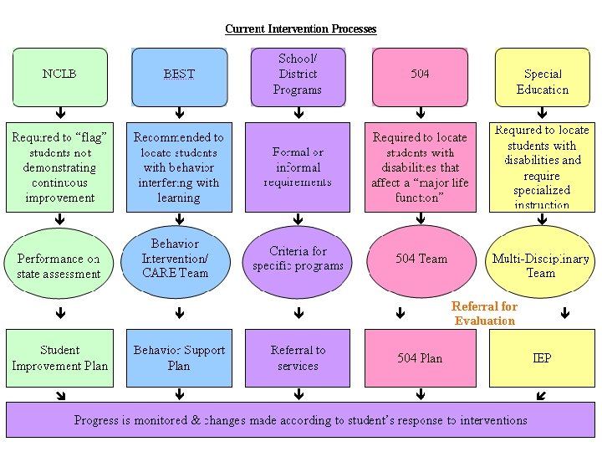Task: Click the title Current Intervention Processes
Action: [x=301, y=29]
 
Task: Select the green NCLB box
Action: [x=60, y=77]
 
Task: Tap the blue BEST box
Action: [x=179, y=77]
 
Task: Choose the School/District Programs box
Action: [x=298, y=76]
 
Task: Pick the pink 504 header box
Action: [x=420, y=76]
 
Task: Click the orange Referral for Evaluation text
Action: [x=484, y=314]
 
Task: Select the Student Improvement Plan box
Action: [x=60, y=358]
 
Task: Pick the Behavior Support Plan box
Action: [x=179, y=358]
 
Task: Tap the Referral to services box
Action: [x=298, y=358]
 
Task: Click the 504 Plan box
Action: [x=420, y=358]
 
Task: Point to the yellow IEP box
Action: [x=542, y=358]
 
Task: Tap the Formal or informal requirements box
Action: [x=298, y=167]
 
